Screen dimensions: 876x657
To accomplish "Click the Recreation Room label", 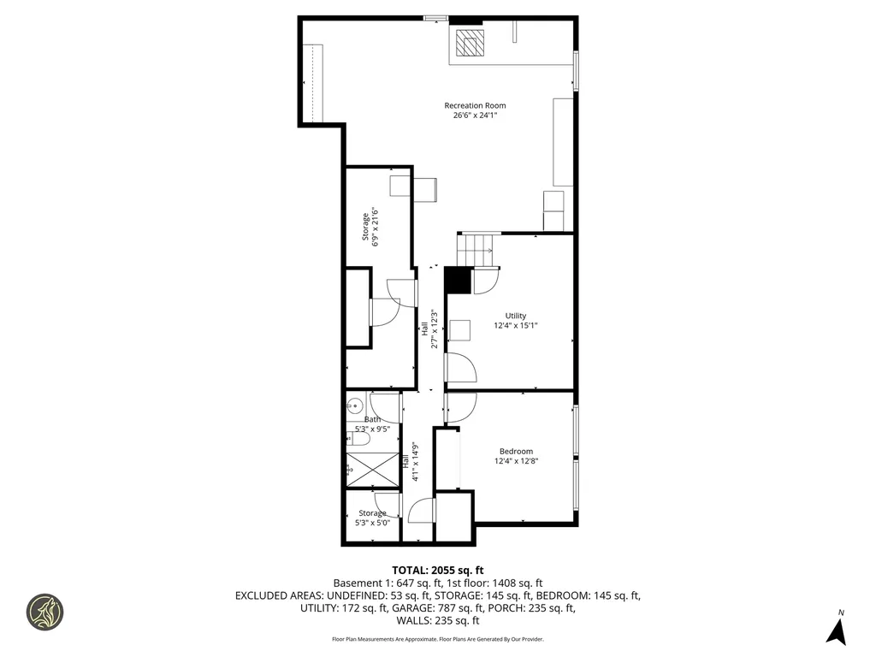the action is [x=475, y=105].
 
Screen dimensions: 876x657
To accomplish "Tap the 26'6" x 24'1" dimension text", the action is [x=475, y=115].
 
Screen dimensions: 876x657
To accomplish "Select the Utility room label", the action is [x=516, y=316].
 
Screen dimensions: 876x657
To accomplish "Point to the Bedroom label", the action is [x=516, y=451].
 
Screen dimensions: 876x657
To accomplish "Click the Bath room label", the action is [x=373, y=419].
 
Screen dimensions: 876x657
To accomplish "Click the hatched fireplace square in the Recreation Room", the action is [x=470, y=43].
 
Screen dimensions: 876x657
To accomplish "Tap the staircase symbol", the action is [x=475, y=250].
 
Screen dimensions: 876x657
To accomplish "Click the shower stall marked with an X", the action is [x=372, y=470].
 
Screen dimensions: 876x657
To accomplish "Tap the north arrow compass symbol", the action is [x=837, y=630].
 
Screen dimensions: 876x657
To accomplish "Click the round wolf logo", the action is [x=44, y=612].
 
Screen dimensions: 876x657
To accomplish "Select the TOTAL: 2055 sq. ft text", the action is [x=437, y=571].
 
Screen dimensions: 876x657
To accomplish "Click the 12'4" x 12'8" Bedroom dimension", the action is [x=516, y=461].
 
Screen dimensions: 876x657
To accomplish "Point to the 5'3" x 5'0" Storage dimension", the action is [x=373, y=523].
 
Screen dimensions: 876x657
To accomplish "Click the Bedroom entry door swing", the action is [x=461, y=407].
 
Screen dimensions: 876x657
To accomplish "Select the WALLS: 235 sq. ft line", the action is [x=437, y=621].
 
